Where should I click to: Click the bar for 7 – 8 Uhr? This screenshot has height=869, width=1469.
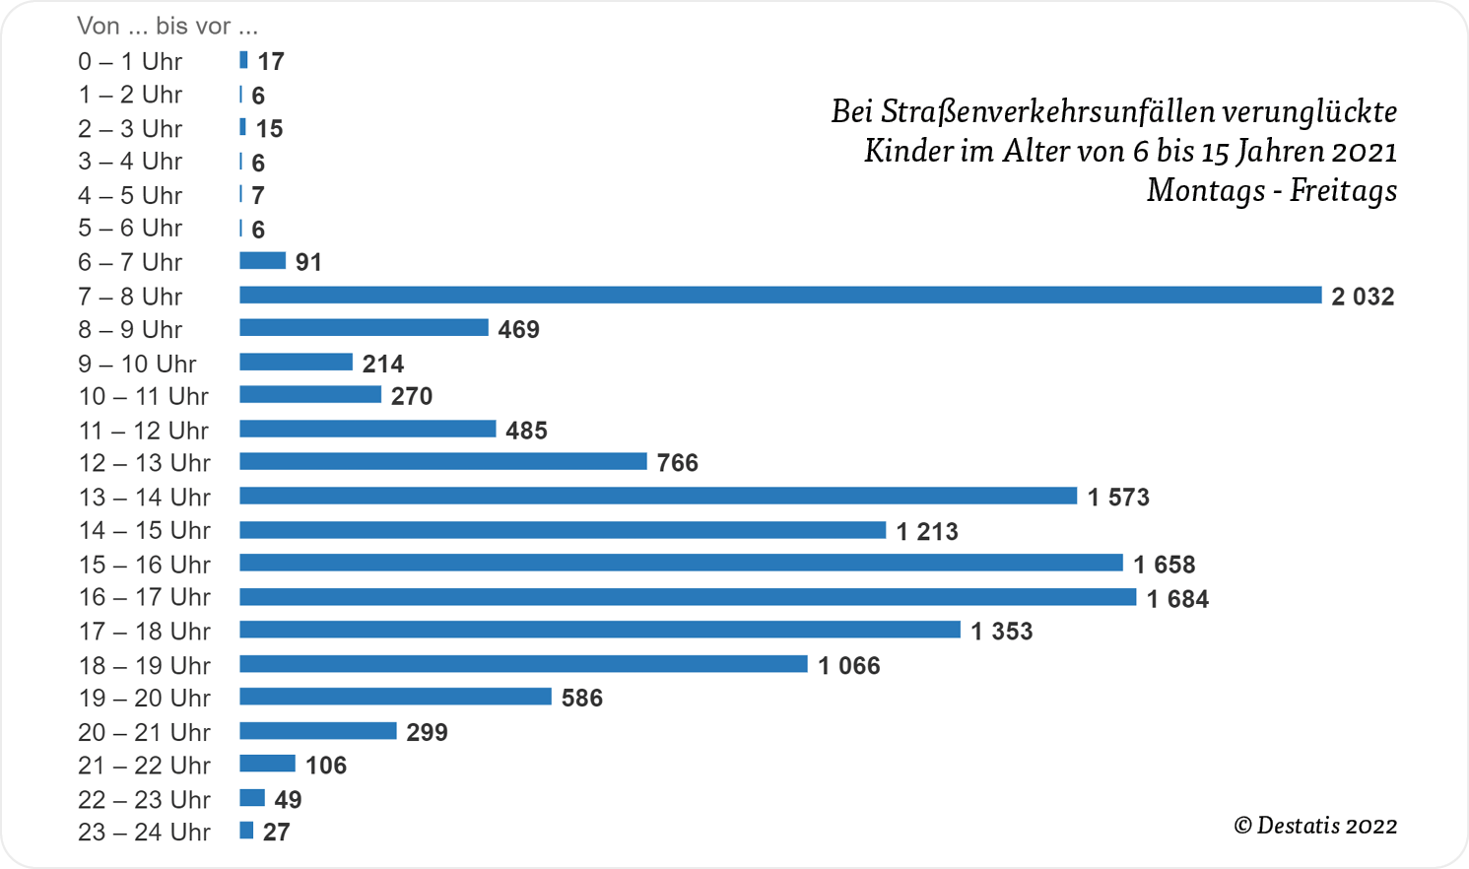point(780,296)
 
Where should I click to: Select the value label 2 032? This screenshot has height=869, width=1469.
point(1363,297)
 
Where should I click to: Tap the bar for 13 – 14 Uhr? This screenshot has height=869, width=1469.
point(658,496)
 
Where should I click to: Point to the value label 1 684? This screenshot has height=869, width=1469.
point(1177,599)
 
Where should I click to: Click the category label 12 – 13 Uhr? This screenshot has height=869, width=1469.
point(144,463)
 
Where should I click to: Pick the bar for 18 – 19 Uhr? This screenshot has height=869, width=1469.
point(523,664)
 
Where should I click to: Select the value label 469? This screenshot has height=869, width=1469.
point(518,330)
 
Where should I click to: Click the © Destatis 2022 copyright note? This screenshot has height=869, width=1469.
point(1315,826)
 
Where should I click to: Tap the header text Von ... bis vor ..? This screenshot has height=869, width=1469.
point(167,26)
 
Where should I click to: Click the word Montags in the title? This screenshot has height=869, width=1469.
point(1205,189)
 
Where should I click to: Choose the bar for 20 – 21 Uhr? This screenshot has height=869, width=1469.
point(318,731)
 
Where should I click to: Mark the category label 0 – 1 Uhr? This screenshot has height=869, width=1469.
point(130,62)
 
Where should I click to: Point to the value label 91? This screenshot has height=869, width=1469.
point(308,262)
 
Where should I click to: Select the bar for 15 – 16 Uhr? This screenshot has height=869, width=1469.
point(681,563)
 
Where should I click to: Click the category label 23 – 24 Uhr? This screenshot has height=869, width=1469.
point(144,833)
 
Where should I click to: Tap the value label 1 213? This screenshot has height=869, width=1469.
point(927,532)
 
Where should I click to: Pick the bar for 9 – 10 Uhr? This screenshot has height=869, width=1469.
point(296,363)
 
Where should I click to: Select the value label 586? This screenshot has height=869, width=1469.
point(582,699)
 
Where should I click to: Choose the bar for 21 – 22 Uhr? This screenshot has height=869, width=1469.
point(267,764)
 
